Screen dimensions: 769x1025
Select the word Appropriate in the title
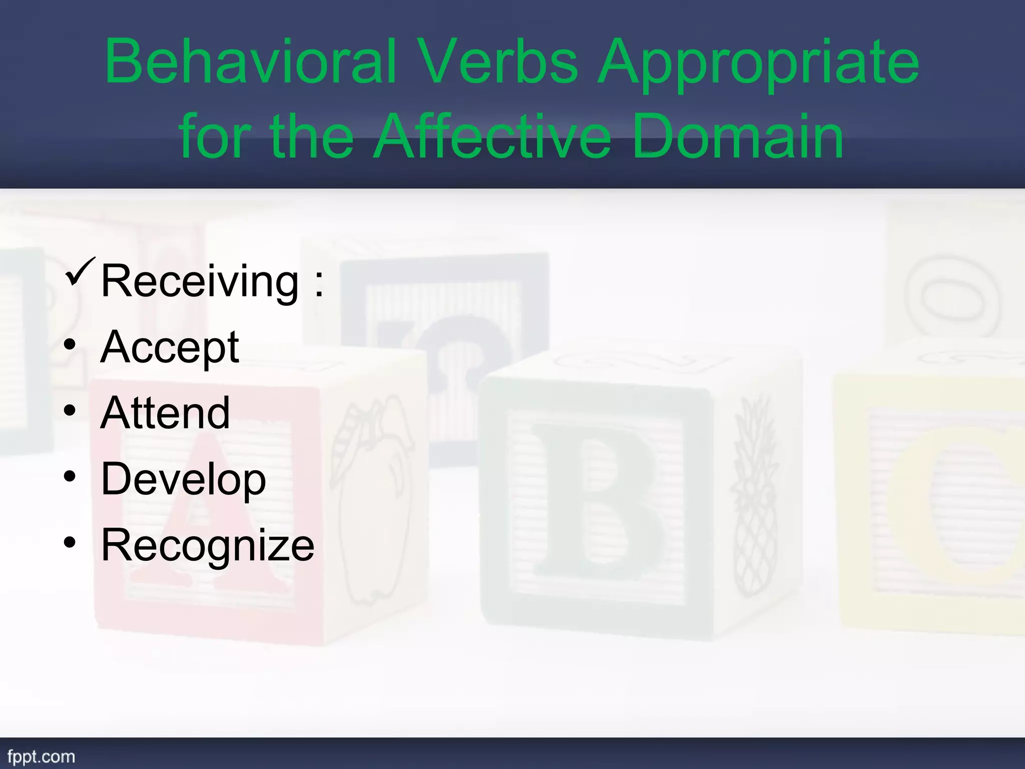click(x=759, y=65)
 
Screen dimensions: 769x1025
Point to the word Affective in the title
click(x=493, y=136)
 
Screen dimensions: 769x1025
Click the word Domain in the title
click(x=738, y=136)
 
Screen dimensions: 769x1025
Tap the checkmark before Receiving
click(x=80, y=272)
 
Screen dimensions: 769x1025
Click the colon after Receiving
click(x=319, y=284)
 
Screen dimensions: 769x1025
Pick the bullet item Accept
click(x=170, y=348)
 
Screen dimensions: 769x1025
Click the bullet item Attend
click(x=165, y=413)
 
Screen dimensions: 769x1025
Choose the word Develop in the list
click(x=183, y=479)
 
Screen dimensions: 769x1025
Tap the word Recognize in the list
click(x=207, y=545)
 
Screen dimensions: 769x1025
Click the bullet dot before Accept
click(x=70, y=345)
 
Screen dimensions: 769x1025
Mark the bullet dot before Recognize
click(x=70, y=542)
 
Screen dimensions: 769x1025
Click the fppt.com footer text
click(x=41, y=756)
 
